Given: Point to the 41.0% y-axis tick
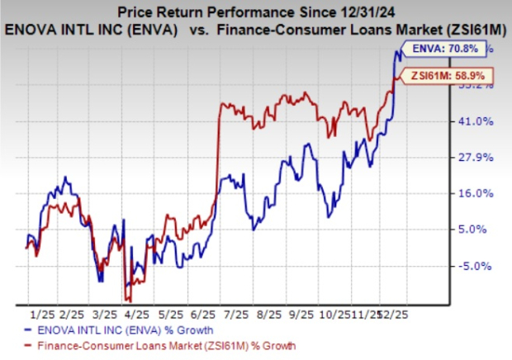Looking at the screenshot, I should click(x=476, y=121).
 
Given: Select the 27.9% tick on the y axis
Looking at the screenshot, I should click(x=476, y=158).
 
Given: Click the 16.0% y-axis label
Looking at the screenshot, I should click(x=476, y=193).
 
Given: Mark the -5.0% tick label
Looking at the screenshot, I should click(x=478, y=266).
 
